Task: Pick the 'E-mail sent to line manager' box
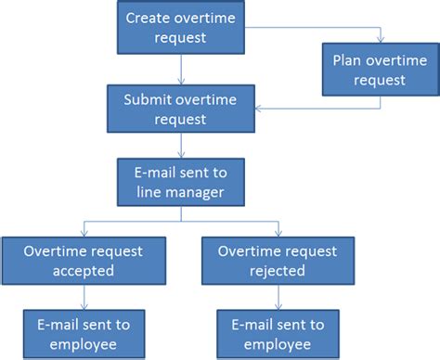pos(182,182)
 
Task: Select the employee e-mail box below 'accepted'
pos(84,333)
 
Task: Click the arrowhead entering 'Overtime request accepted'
pos(84,231)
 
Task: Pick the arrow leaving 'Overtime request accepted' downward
pos(84,297)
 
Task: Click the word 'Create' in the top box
pos(147,19)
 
